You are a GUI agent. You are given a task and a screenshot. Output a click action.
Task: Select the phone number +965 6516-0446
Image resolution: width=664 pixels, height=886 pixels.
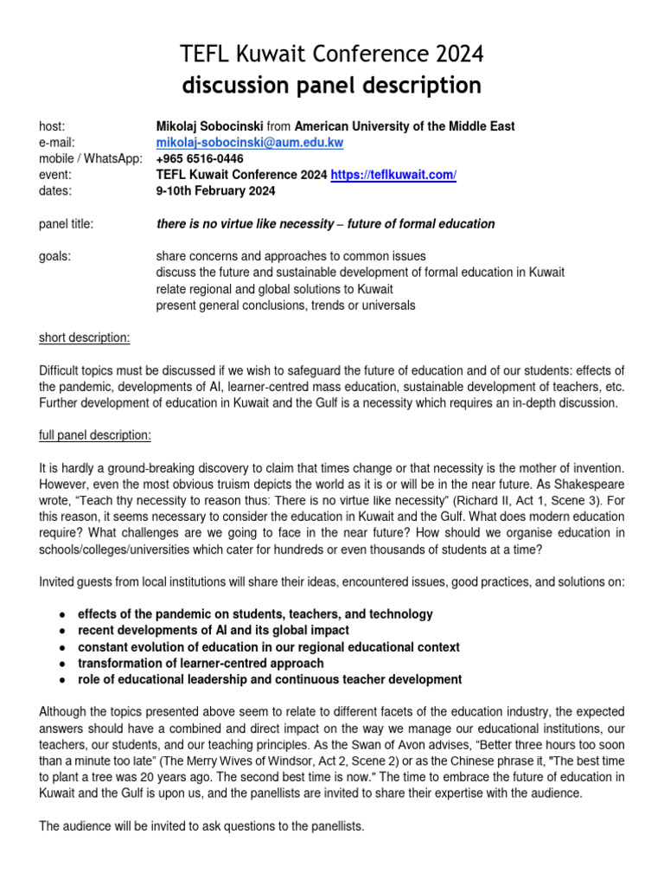tap(200, 159)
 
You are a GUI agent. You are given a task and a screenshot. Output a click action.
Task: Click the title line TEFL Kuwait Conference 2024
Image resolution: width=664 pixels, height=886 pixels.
tap(332, 55)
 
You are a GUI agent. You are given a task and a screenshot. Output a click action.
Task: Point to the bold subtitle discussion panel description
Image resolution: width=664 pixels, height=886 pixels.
tap(332, 86)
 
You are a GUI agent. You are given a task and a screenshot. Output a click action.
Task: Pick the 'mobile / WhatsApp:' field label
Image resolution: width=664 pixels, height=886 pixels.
tap(91, 159)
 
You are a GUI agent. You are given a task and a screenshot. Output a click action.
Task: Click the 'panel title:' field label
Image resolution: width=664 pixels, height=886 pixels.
tap(67, 224)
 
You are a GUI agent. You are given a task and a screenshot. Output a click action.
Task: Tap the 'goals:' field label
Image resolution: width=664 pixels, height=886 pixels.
tap(55, 256)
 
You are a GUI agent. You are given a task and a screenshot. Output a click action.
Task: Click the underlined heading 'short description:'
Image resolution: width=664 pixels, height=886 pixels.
tap(85, 337)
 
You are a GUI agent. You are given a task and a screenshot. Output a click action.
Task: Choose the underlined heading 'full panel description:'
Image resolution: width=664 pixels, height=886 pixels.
tap(95, 434)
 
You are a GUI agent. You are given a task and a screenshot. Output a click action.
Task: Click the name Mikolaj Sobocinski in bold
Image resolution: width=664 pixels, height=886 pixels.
tap(209, 126)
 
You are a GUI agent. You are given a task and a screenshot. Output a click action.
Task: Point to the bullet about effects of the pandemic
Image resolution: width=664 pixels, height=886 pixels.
tap(255, 613)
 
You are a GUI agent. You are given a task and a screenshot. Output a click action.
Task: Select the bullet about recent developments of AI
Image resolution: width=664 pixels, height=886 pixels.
tap(214, 630)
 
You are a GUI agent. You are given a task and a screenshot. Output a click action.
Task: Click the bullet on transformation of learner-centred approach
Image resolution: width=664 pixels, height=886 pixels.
tap(201, 663)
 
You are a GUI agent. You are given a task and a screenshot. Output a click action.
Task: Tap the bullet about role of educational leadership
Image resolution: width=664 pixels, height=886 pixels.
tap(270, 679)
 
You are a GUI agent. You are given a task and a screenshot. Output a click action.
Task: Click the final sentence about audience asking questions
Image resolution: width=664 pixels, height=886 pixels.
tap(202, 826)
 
